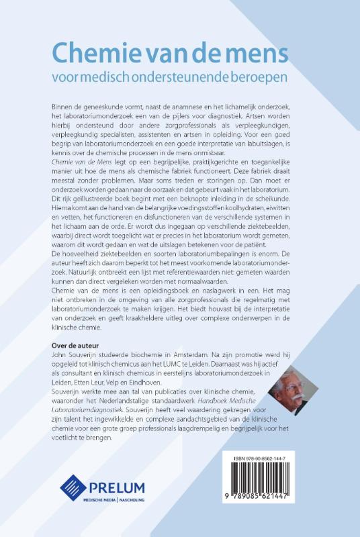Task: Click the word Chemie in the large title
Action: click(94, 52)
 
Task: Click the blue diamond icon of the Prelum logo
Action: click(74, 487)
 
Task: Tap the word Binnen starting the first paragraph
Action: click(63, 109)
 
